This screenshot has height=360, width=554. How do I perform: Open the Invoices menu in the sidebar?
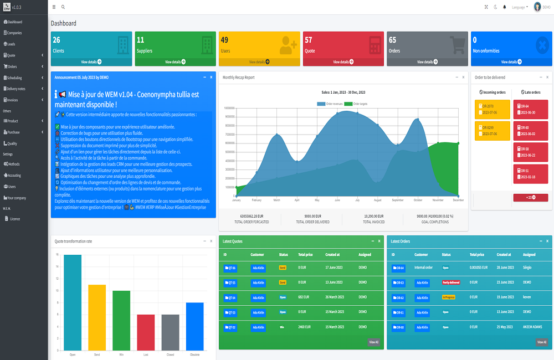[13, 100]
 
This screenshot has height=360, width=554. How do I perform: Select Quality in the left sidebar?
[13, 143]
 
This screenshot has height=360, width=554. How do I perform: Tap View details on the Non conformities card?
[511, 62]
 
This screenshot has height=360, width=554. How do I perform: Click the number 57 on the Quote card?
[309, 40]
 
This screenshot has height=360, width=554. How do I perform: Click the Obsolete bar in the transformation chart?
[194, 326]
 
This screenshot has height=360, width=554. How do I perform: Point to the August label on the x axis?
[377, 199]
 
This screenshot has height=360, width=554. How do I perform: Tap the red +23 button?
[530, 198]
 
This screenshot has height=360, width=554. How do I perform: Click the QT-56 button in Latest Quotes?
[230, 268]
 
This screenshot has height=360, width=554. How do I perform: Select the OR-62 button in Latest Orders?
[398, 297]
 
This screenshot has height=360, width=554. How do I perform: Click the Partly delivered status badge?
[451, 282]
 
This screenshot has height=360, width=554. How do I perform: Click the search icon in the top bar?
[63, 7]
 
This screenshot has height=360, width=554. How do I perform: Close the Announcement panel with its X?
[211, 77]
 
